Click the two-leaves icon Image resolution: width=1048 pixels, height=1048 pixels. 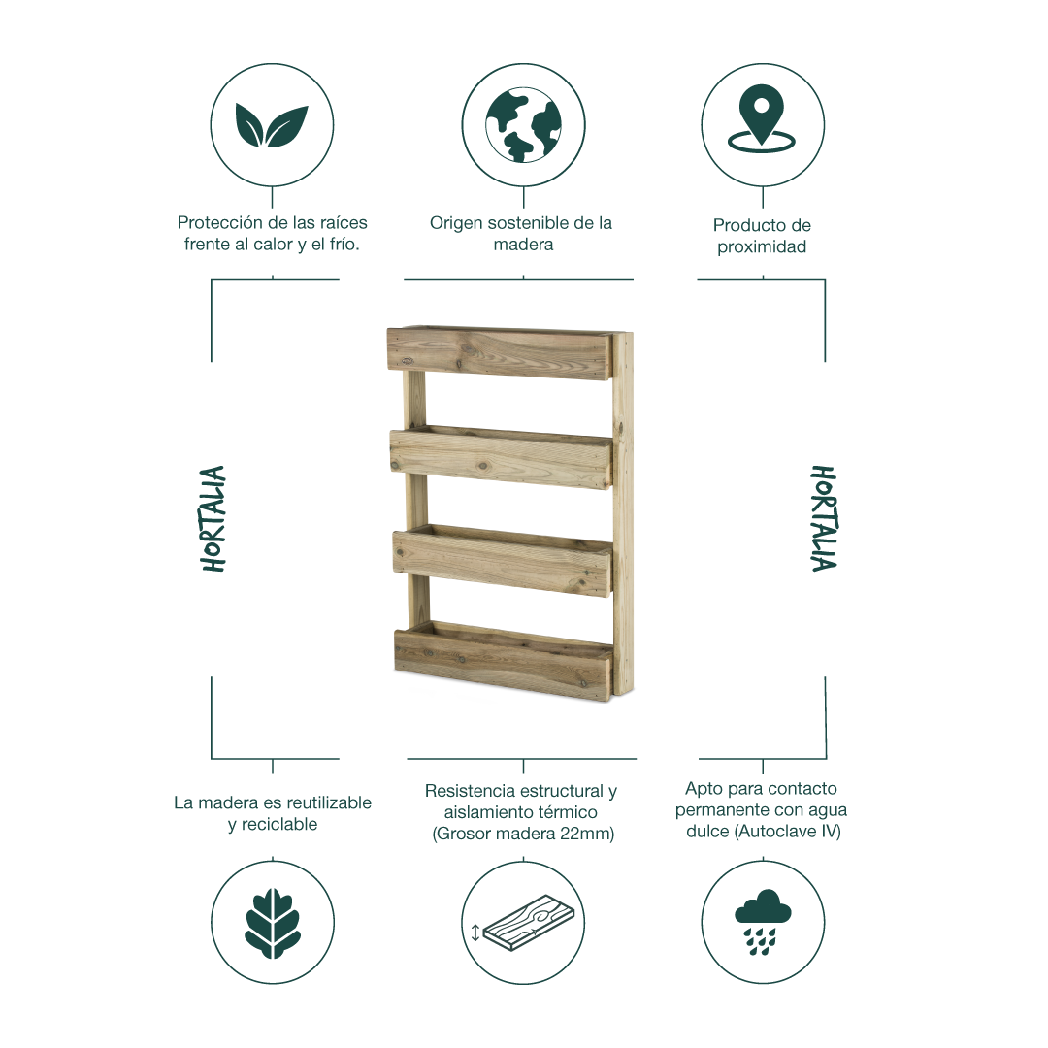click(x=272, y=125)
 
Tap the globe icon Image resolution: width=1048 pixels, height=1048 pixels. click(x=523, y=125)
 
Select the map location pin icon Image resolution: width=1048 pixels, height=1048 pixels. click(x=762, y=118)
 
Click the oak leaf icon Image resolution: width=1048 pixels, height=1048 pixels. click(x=272, y=923)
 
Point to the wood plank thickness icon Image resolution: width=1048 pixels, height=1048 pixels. click(x=528, y=923)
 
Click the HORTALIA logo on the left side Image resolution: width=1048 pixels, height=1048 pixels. click(x=213, y=518)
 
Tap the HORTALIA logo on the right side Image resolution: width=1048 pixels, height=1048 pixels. click(x=824, y=518)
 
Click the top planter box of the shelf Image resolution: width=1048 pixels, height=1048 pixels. click(x=500, y=353)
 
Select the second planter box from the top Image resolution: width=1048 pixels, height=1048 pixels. click(x=502, y=457)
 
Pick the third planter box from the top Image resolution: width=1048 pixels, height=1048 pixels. click(x=503, y=560)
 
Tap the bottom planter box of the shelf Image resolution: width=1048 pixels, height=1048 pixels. click(x=504, y=662)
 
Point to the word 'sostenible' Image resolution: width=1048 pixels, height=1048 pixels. click(x=532, y=223)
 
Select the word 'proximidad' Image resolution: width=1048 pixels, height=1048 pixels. click(x=762, y=247)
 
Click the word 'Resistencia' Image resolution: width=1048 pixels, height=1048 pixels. click(x=473, y=792)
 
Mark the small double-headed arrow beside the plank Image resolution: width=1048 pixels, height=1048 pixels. click(x=475, y=933)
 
